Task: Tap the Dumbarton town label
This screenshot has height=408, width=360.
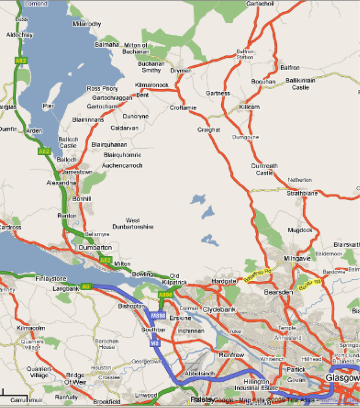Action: [95, 248]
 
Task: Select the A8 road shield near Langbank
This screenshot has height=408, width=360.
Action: [86, 286]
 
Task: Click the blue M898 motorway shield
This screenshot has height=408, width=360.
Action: [158, 316]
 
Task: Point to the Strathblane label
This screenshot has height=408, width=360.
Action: [302, 194]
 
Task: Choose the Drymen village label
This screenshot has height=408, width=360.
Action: [181, 71]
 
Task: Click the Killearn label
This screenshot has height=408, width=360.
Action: [249, 107]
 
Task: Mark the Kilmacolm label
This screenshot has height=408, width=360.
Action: [31, 328]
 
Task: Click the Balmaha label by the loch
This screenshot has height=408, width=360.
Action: [107, 45]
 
